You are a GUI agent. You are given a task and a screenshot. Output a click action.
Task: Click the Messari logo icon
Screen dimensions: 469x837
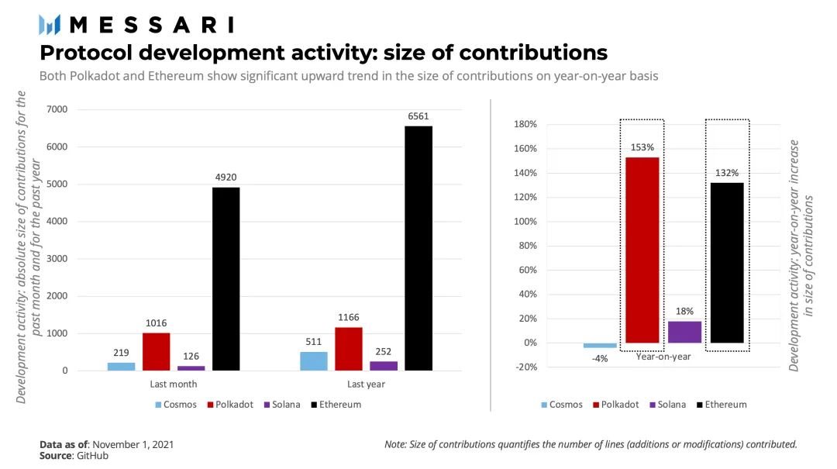click(x=50, y=25)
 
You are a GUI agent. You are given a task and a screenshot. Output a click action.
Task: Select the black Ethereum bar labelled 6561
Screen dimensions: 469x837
click(x=418, y=248)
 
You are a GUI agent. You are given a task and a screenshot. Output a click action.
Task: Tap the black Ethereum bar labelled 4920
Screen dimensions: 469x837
click(x=226, y=279)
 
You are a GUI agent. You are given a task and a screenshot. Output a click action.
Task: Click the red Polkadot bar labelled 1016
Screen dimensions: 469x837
click(x=157, y=351)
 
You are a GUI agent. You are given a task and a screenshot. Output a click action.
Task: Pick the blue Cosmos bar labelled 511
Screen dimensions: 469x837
click(x=313, y=361)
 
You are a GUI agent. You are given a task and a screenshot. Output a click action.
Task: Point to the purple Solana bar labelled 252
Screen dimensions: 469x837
click(x=384, y=366)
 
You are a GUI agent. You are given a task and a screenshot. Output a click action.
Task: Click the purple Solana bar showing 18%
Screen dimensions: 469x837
click(x=684, y=332)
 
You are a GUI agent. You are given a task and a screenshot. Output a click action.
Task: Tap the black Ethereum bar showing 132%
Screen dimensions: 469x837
click(x=727, y=263)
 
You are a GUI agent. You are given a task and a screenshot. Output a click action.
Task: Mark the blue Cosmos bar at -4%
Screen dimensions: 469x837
click(x=600, y=346)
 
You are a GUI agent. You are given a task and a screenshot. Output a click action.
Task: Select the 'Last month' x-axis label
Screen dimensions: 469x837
click(x=173, y=385)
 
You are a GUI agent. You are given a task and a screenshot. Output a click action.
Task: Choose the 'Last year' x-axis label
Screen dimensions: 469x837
click(x=366, y=385)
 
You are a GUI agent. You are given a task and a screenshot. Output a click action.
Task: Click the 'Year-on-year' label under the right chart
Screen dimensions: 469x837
click(x=663, y=357)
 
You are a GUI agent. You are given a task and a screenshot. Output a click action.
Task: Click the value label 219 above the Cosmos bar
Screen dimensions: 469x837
click(x=121, y=352)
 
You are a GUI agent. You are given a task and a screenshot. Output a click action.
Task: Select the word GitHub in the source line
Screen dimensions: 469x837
click(x=91, y=456)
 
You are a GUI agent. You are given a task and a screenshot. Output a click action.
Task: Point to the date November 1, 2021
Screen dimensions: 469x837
click(x=133, y=444)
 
